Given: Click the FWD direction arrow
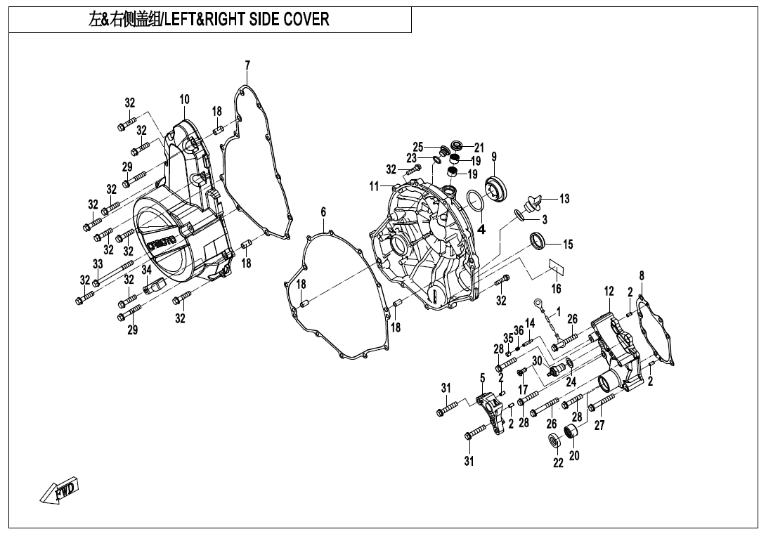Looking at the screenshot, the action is pos(59,490).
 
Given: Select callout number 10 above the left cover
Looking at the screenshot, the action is pos(184,100).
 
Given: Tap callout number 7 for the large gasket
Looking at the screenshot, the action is pos(247,65).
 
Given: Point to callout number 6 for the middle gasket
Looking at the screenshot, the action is pos(323,212).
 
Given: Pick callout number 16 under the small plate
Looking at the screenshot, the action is pos(557,289).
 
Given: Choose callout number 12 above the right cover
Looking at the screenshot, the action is pos(609,292).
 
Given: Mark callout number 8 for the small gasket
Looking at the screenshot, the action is pos(642,276).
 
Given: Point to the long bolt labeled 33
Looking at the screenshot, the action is pos(114,273).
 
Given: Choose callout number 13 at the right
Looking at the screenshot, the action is pos(564,199).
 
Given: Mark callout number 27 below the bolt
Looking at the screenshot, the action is pos(599,425).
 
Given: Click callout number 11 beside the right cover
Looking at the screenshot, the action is pos(374,186).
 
